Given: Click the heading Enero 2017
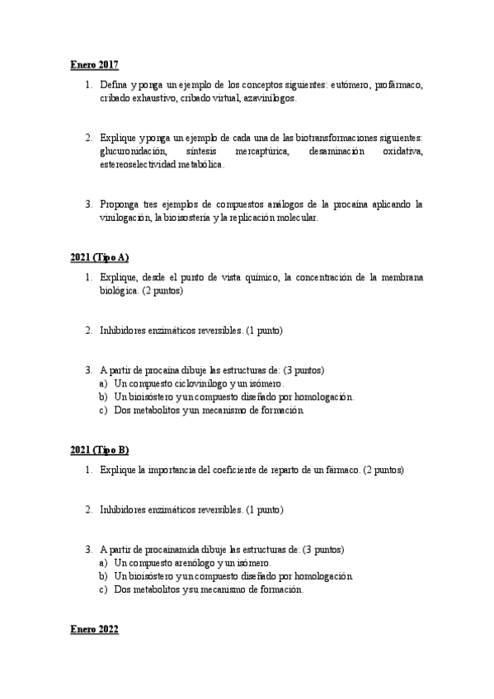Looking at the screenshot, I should (x=94, y=64).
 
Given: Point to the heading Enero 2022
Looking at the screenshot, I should (x=94, y=630).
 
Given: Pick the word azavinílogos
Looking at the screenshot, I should (x=270, y=97).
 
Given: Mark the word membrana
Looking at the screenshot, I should (x=399, y=278).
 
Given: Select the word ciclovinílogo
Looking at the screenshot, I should (x=195, y=383).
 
